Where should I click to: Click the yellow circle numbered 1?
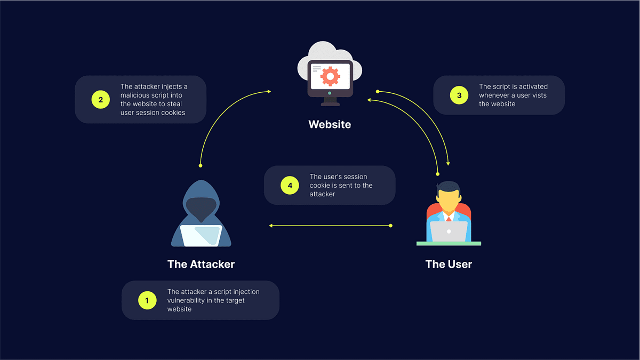click(x=147, y=300)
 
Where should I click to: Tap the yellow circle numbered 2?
click(x=100, y=99)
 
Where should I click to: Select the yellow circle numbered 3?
click(x=459, y=95)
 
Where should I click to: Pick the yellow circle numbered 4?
click(x=290, y=185)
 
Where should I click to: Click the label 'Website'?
click(x=330, y=125)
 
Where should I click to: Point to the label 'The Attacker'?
click(x=201, y=265)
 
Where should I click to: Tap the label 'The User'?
click(x=449, y=265)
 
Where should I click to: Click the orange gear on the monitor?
click(x=330, y=77)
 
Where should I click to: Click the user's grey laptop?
click(x=449, y=231)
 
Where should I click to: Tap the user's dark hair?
click(x=449, y=188)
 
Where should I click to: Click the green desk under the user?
click(x=449, y=244)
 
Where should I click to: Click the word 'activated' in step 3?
click(x=533, y=86)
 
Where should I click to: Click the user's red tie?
click(x=449, y=219)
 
